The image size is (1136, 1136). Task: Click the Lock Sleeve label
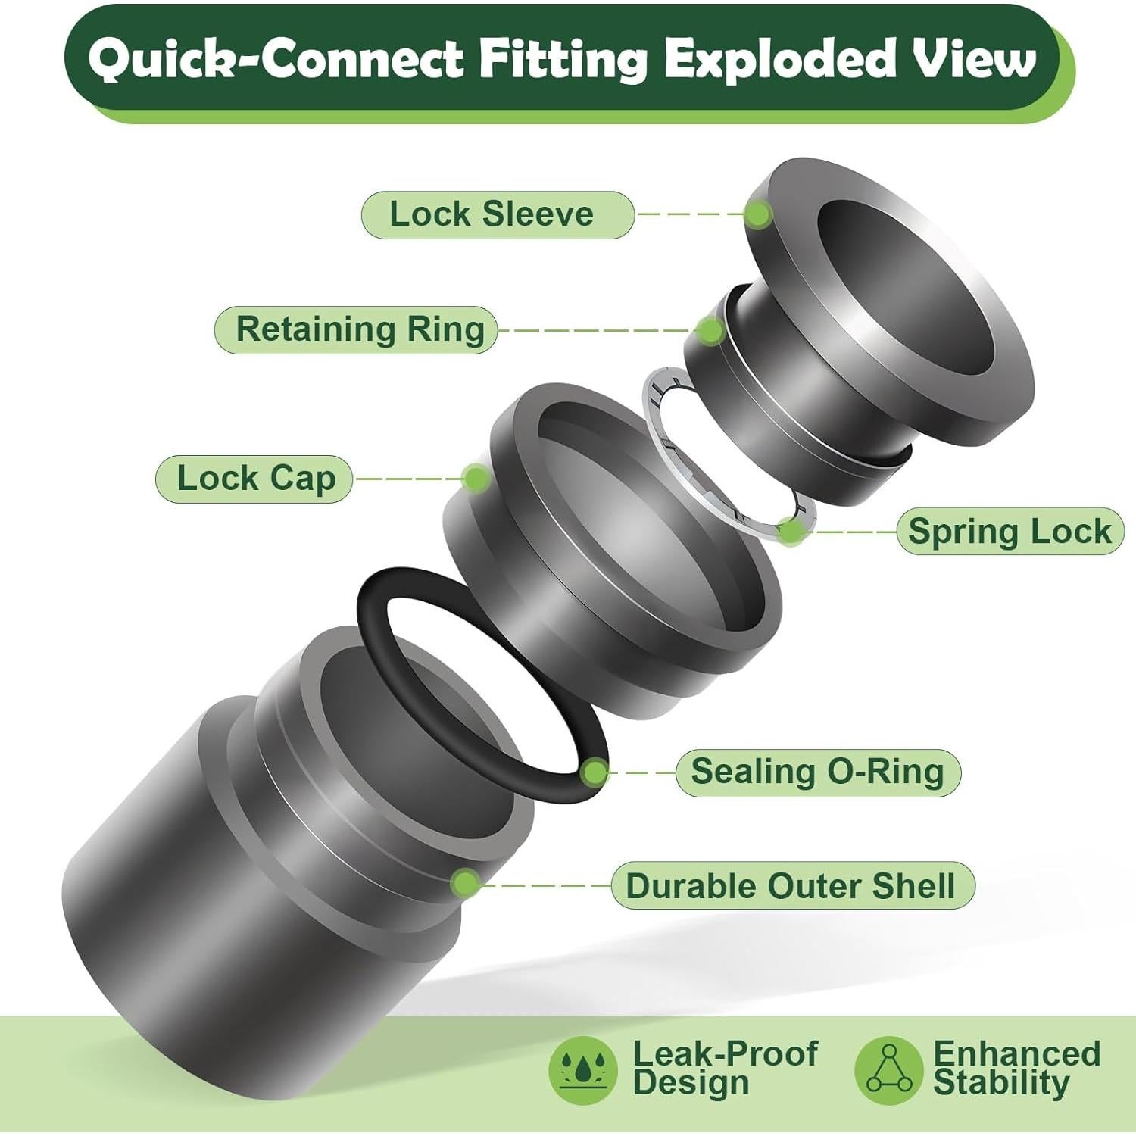(498, 215)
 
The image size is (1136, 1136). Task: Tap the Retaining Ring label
(356, 329)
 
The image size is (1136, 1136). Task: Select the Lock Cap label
(254, 479)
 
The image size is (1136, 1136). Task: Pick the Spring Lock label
(1010, 531)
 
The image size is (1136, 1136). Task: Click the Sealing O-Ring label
(818, 772)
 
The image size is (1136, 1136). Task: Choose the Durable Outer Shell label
(792, 885)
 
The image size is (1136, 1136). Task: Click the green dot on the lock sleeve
(757, 214)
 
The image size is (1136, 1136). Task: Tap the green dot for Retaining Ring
(710, 330)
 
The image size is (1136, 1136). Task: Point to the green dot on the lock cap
(476, 478)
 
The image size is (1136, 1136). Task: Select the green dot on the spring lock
(792, 531)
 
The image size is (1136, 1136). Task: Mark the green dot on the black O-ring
(596, 772)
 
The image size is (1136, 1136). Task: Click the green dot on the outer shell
(465, 884)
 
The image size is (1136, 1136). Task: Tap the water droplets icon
(582, 1070)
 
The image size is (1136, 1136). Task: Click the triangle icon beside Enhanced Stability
(889, 1070)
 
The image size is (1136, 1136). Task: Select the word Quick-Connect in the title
(276, 59)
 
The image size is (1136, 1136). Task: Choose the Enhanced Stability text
(1016, 1068)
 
